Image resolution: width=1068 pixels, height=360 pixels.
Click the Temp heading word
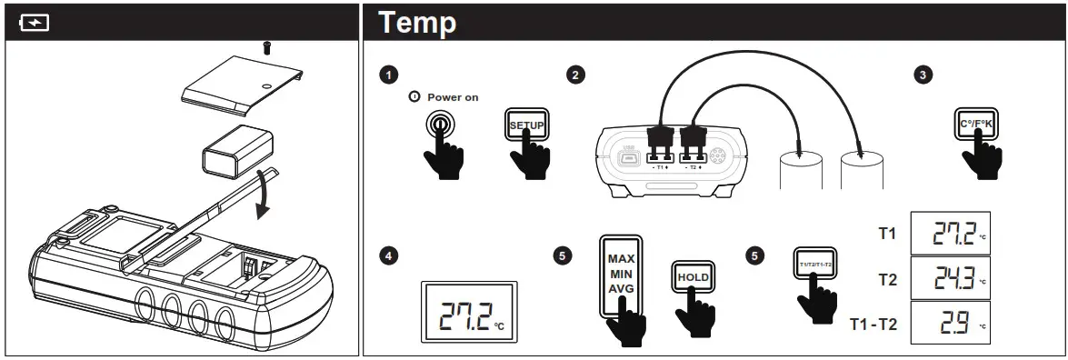[x=417, y=22]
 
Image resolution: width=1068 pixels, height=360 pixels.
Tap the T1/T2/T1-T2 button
[x=815, y=264]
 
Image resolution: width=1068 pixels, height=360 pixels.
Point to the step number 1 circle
[x=389, y=75]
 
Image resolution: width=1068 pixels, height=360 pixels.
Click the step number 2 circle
[x=574, y=75]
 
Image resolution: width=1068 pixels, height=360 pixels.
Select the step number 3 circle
[x=923, y=75]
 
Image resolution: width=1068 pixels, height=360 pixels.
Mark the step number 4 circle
[x=389, y=256]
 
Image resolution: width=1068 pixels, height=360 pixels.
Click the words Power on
[x=453, y=96]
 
